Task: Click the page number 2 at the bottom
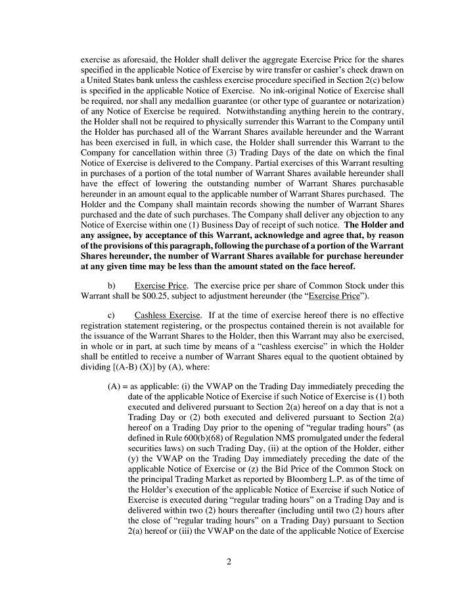click(229, 561)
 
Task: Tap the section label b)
click(111, 285)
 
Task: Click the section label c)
click(111, 315)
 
